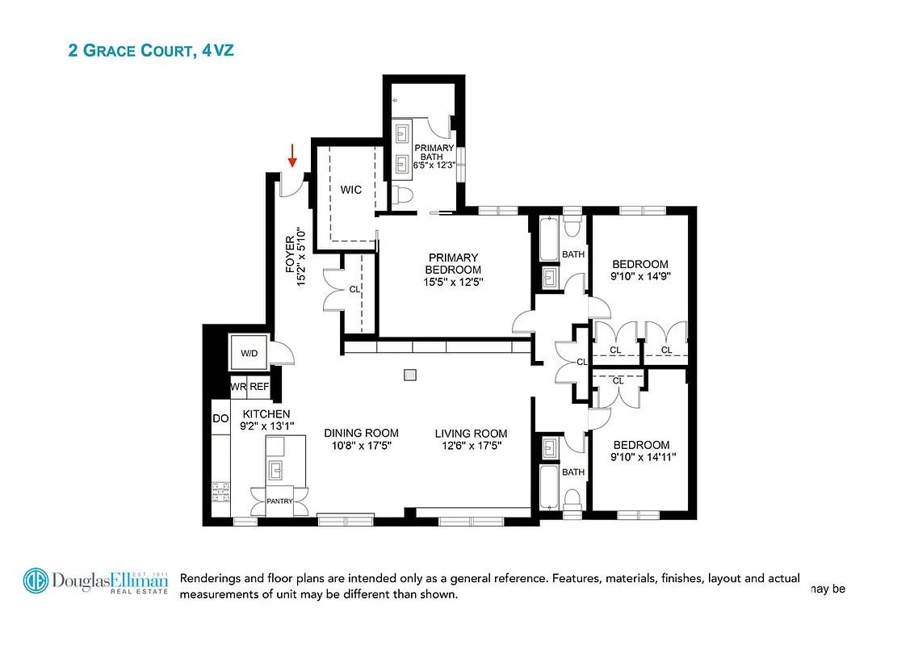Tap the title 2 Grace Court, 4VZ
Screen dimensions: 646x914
pyautogui.click(x=151, y=51)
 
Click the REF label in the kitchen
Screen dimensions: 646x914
pyautogui.click(x=258, y=388)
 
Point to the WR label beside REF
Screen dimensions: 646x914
pyautogui.click(x=238, y=388)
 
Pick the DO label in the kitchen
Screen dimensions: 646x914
pyautogui.click(x=220, y=418)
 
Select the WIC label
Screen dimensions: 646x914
pyautogui.click(x=350, y=190)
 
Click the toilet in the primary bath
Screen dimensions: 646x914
pyautogui.click(x=403, y=195)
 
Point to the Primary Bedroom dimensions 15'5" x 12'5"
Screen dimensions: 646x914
pyautogui.click(x=454, y=282)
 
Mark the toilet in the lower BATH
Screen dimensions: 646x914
pyautogui.click(x=571, y=498)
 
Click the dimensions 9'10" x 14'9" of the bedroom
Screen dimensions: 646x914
pyautogui.click(x=640, y=275)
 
